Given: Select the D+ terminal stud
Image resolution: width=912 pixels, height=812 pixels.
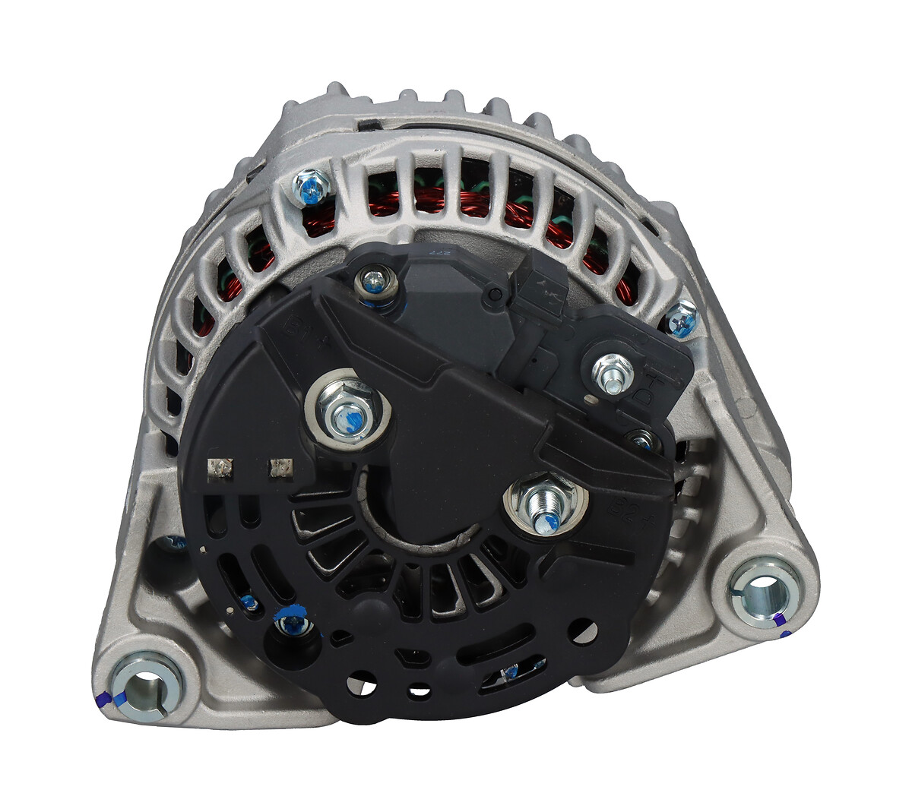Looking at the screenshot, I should (x=613, y=374).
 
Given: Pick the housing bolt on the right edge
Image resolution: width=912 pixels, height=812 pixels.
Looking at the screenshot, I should (x=682, y=319).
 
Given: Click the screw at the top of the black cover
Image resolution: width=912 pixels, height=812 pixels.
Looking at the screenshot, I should (x=373, y=283).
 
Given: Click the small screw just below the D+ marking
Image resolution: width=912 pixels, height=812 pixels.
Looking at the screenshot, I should (x=642, y=439).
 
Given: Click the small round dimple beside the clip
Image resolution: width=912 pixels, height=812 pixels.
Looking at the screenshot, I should (x=496, y=292).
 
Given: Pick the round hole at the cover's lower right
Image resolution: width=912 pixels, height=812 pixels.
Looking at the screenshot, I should (x=584, y=629).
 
